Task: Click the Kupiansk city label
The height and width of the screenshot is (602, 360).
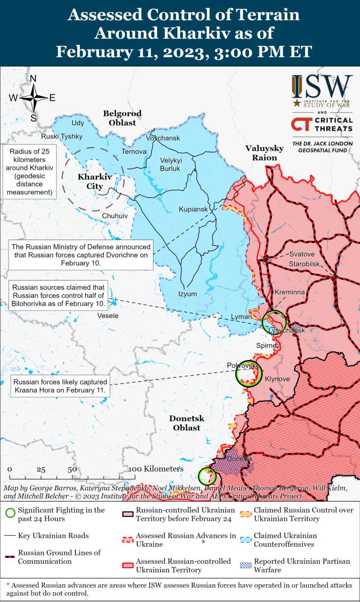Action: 193,209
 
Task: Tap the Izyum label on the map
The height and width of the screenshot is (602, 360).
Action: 187,294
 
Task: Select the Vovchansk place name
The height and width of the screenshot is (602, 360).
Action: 163,138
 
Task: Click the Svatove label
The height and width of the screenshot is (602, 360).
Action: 302,254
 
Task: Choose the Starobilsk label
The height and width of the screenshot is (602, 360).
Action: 305,263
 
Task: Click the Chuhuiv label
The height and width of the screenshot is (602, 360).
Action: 115,216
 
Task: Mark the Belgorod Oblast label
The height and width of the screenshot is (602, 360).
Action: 122,118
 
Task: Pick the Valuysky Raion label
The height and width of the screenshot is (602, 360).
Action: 265,153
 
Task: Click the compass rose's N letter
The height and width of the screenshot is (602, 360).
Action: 33,79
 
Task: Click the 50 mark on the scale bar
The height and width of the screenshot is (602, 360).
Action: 72,469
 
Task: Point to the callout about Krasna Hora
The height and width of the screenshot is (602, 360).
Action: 59,386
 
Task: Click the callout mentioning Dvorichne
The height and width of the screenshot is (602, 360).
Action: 81,255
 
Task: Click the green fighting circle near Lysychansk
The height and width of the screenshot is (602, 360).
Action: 274,322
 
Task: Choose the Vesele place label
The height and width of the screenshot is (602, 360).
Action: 108,316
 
